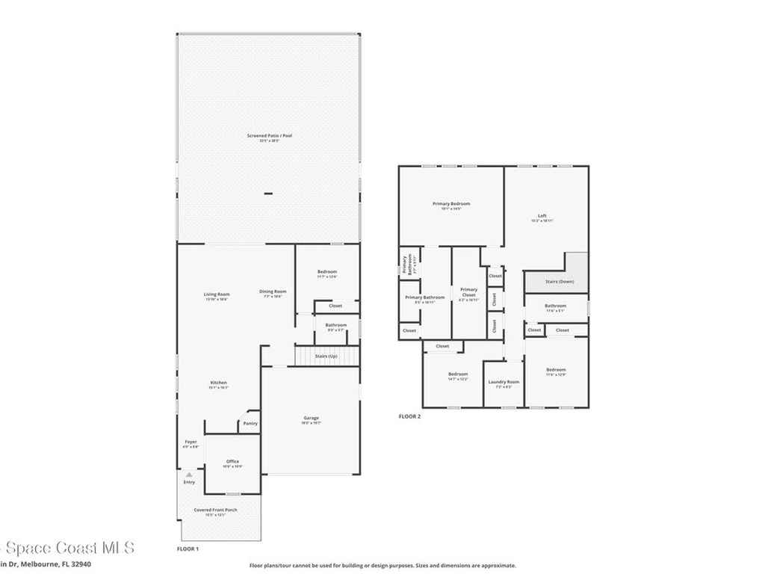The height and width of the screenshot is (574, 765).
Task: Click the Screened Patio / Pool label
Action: (270, 136)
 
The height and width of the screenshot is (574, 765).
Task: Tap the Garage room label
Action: (311, 419)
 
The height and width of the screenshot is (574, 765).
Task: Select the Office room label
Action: (233, 462)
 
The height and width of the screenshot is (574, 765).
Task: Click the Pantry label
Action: (250, 424)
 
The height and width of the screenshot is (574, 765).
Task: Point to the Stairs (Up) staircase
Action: (326, 357)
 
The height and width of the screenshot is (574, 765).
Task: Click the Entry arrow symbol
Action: (189, 475)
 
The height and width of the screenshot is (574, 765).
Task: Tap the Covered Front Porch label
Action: (215, 510)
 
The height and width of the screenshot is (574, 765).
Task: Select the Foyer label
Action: (191, 442)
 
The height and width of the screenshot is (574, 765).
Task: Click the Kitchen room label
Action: (218, 383)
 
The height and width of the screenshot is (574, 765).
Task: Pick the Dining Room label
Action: (273, 291)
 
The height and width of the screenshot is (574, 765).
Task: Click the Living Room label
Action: (217, 294)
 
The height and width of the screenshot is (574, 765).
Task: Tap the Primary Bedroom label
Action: (451, 204)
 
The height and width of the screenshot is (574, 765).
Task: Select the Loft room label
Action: (542, 216)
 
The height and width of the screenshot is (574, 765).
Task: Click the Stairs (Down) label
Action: (560, 282)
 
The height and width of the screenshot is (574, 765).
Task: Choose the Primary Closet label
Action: (468, 290)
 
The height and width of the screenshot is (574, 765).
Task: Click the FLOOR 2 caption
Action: (409, 416)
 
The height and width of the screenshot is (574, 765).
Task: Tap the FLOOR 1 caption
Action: (188, 549)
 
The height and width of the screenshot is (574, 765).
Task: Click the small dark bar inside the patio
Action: (268, 194)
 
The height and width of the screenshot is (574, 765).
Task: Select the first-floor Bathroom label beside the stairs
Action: (335, 326)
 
